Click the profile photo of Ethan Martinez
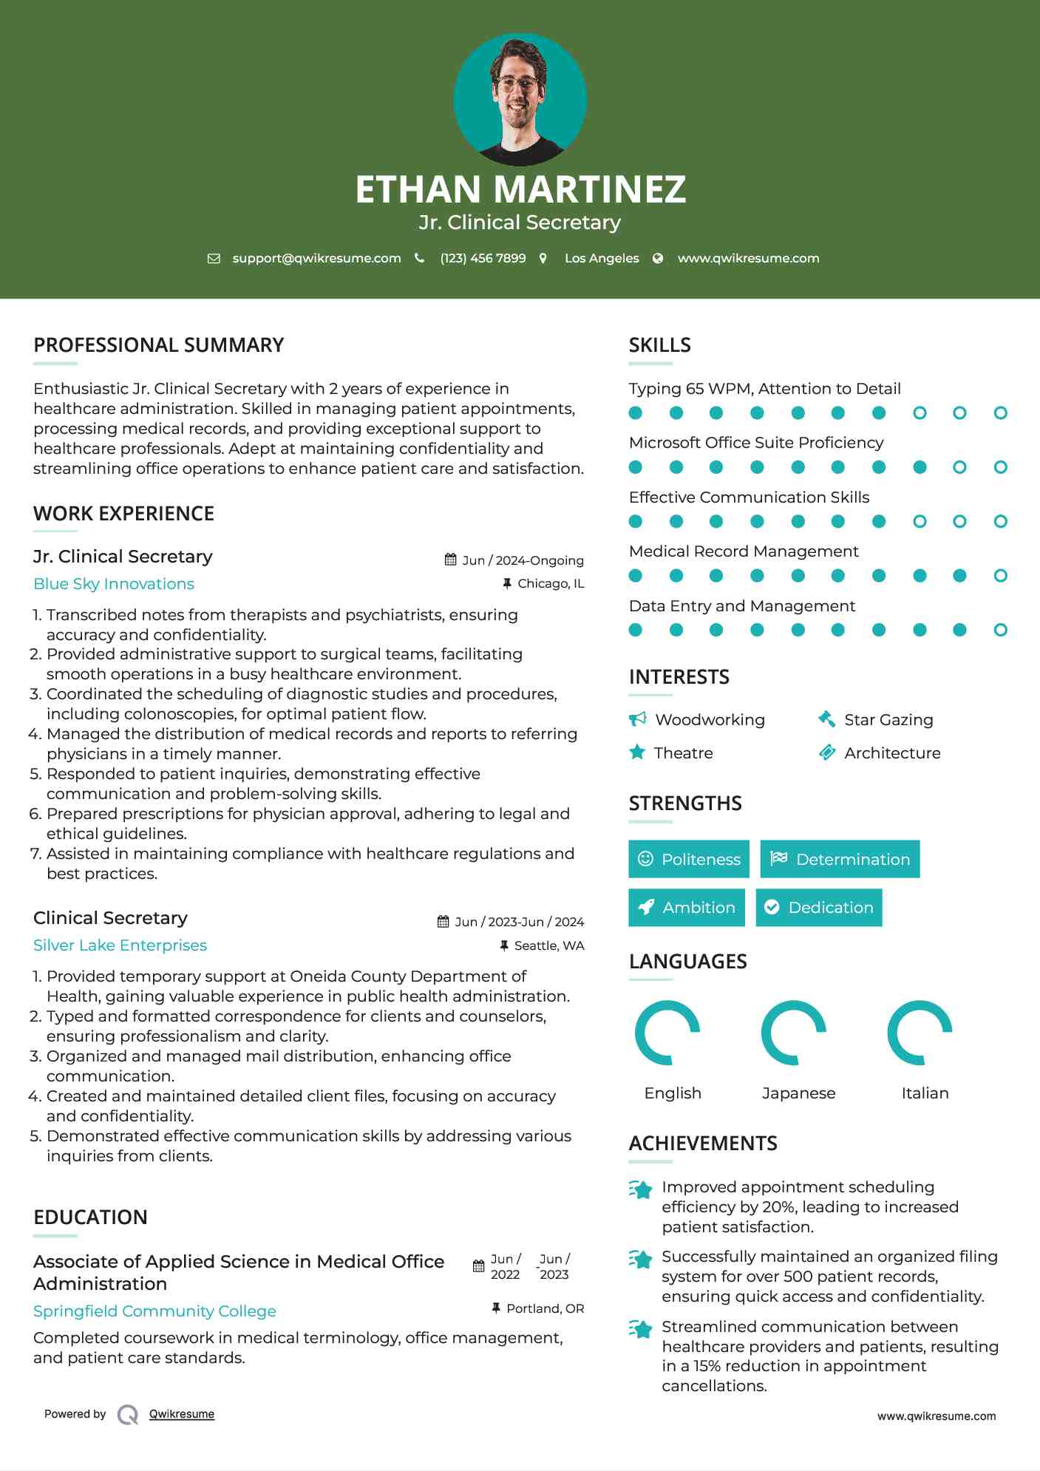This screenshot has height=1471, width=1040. (x=520, y=100)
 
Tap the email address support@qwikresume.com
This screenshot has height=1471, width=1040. (x=316, y=259)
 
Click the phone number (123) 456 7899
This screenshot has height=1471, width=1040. (x=483, y=259)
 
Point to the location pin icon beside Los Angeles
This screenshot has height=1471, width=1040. (x=543, y=259)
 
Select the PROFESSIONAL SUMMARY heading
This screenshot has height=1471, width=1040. (x=159, y=345)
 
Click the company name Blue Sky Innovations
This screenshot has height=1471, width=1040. (x=114, y=584)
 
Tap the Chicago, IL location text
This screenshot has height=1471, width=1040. (x=551, y=584)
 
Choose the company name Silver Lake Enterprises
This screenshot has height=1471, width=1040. (x=120, y=945)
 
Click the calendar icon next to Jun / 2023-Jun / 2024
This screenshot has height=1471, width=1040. (x=443, y=922)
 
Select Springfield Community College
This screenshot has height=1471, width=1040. (x=154, y=1311)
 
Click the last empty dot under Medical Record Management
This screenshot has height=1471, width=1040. (x=1000, y=576)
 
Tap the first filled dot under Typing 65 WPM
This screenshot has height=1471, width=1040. (x=636, y=413)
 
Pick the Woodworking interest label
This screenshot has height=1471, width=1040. (x=710, y=720)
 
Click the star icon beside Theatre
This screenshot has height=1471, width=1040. (x=637, y=753)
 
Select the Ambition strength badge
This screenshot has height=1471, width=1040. (x=687, y=908)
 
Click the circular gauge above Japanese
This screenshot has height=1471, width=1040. (x=794, y=1033)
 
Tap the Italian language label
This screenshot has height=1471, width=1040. (x=925, y=1093)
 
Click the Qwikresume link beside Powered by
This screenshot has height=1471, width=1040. (x=182, y=1414)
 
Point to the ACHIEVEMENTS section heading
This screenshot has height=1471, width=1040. (x=703, y=1144)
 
